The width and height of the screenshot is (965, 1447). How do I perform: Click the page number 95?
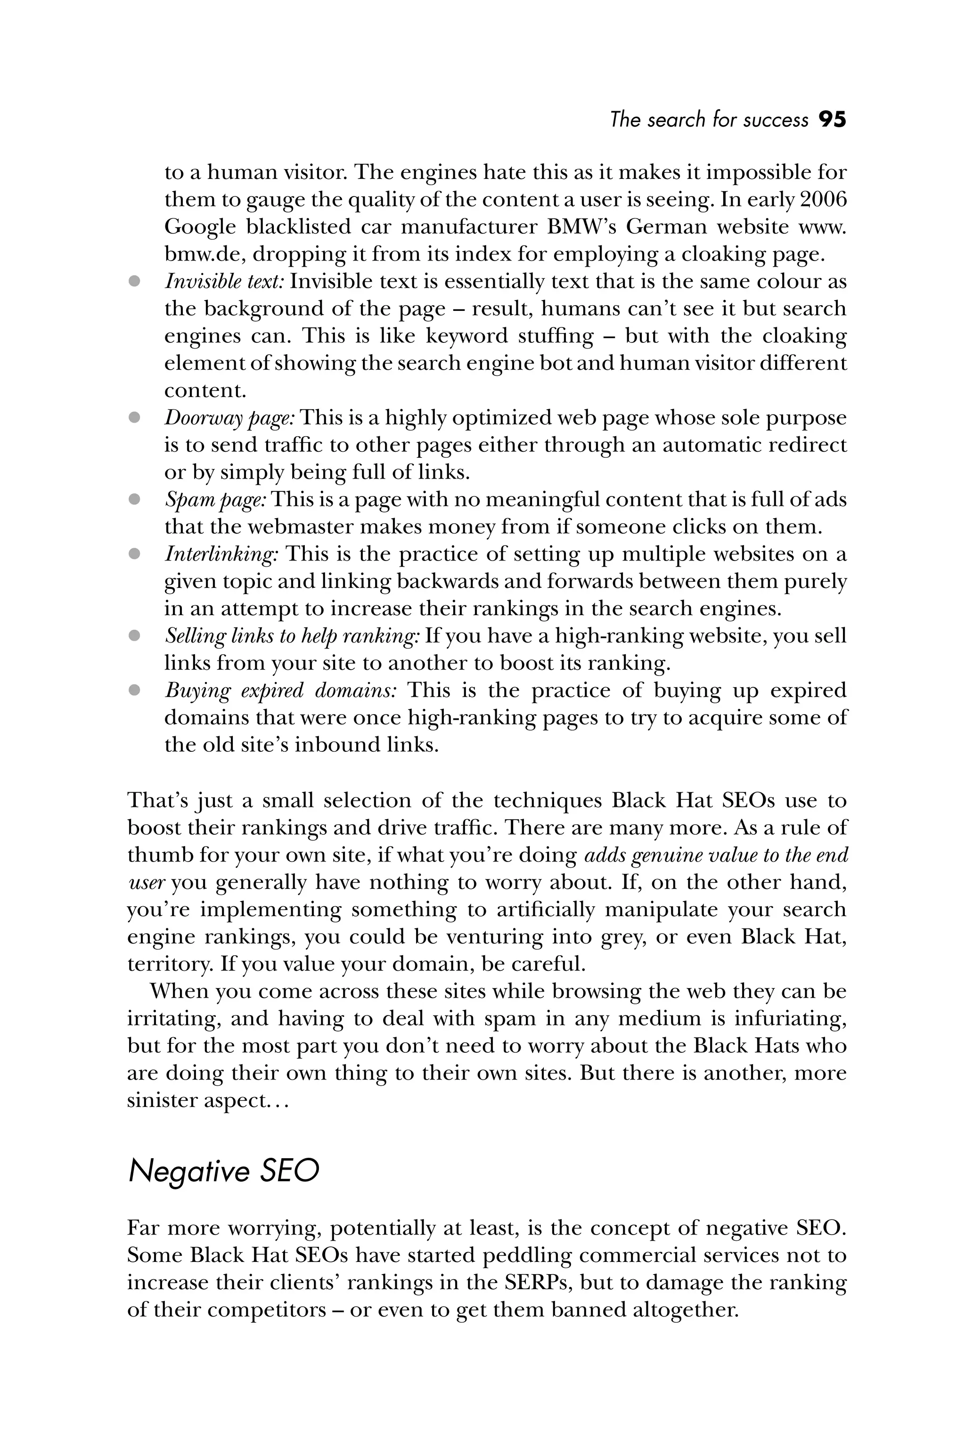(x=832, y=119)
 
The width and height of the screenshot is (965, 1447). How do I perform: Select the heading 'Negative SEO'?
(x=223, y=1171)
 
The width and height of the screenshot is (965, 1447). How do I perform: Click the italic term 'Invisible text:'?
(x=224, y=282)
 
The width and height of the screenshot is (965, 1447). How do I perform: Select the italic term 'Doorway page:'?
(x=229, y=418)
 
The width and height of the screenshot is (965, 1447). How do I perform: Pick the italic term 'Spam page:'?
(x=215, y=500)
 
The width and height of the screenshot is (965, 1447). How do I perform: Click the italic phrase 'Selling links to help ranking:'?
(x=292, y=635)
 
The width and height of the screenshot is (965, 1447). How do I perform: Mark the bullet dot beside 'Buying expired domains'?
(x=134, y=690)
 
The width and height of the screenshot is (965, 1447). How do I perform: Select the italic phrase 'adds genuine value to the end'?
(x=715, y=855)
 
